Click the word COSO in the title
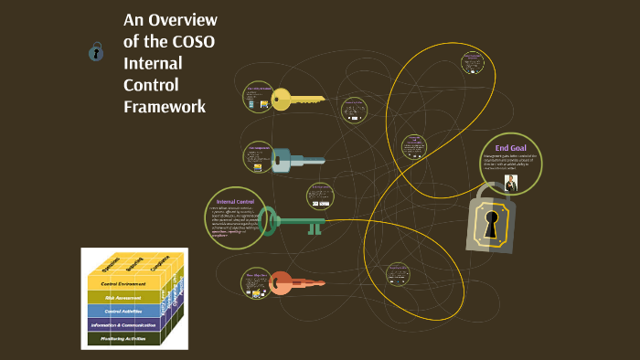click(193, 42)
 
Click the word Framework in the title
click(165, 106)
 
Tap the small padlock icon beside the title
click(95, 52)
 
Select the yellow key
click(297, 99)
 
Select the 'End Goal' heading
click(510, 147)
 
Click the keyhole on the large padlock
click(492, 225)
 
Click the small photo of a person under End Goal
click(511, 183)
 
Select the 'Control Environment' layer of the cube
click(123, 284)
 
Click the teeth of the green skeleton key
click(315, 228)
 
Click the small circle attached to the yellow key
click(259, 98)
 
